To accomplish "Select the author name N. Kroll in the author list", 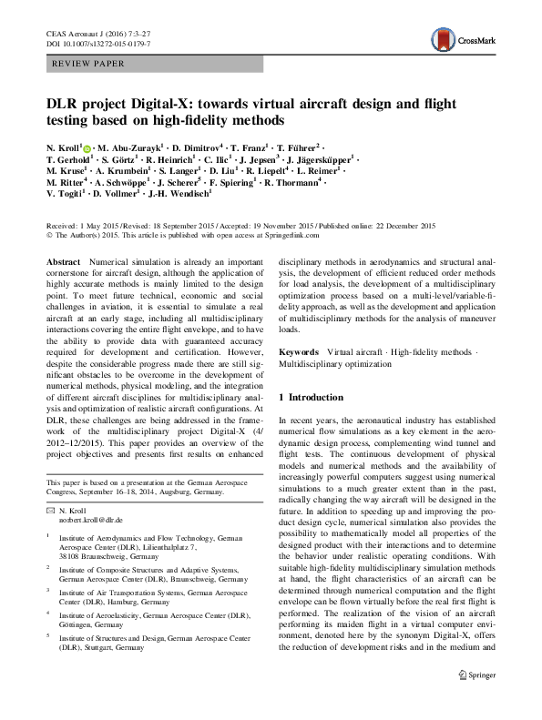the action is coord(64,147).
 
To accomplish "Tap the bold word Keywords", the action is coord(298,350).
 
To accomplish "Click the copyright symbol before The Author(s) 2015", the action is coord(48,234).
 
